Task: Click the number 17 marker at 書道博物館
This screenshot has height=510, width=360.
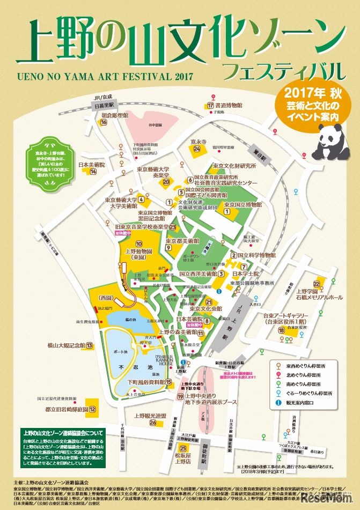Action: pos(210,106)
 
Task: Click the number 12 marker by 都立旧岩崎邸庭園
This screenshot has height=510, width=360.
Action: pos(93,409)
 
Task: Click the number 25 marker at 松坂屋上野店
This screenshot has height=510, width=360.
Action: pos(184,448)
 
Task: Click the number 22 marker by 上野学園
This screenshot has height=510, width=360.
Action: pos(317,284)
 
